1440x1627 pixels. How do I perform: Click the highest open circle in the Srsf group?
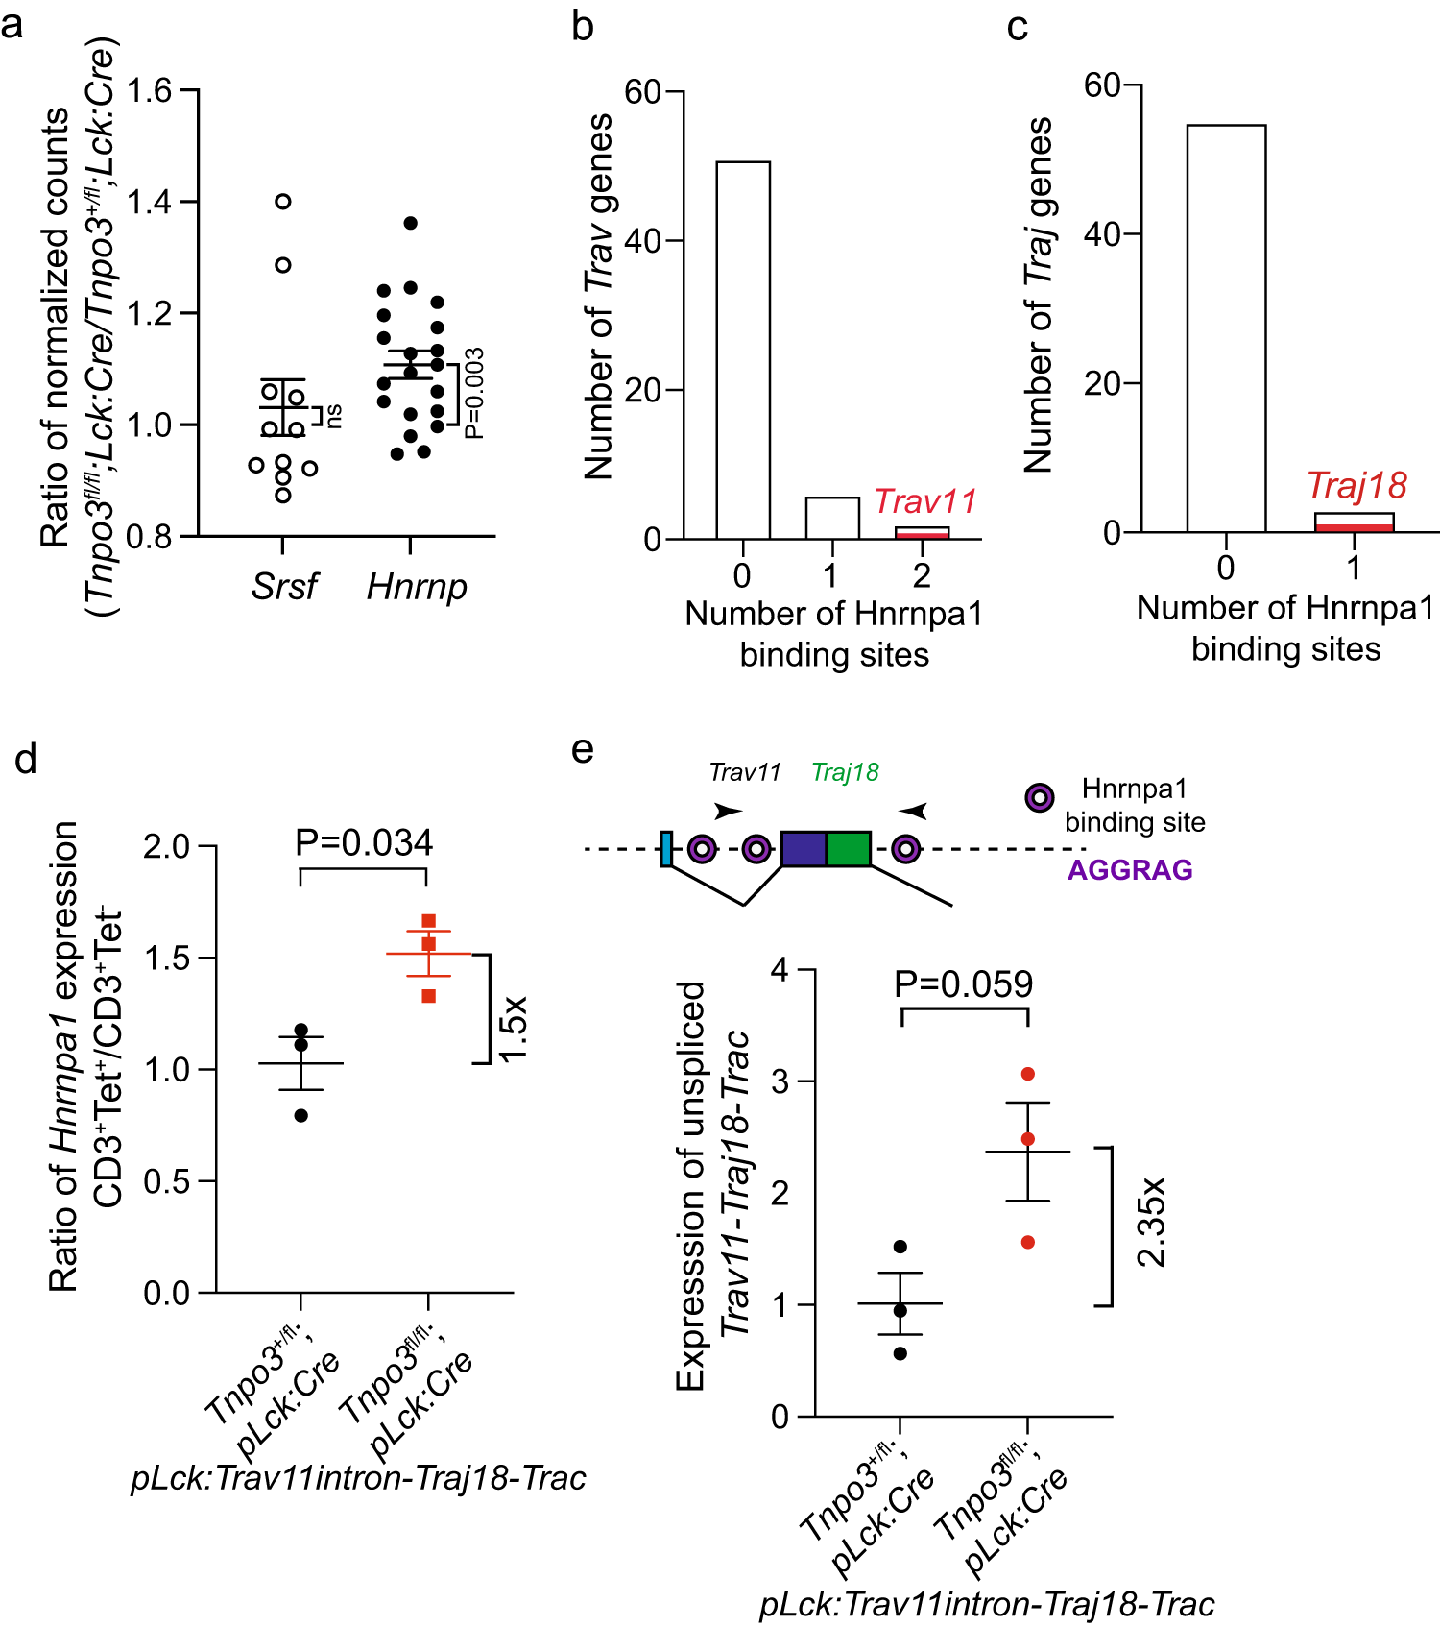[x=283, y=202]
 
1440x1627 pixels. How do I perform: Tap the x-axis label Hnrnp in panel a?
[x=417, y=586]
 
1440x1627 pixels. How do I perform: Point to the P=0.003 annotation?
[x=474, y=393]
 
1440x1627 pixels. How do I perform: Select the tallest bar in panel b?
[x=743, y=351]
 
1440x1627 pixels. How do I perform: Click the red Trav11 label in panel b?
[x=924, y=501]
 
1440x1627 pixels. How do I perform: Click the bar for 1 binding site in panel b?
[x=832, y=519]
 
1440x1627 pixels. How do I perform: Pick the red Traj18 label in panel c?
[x=1356, y=486]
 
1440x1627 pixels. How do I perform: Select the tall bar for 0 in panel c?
[x=1226, y=328]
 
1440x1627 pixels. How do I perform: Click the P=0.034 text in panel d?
[x=364, y=842]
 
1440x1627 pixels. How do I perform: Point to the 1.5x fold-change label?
[x=513, y=1028]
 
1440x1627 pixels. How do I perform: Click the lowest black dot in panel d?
[x=301, y=1115]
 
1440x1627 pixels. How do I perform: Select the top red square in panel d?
[x=429, y=921]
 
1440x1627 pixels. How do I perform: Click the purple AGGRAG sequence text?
[x=1130, y=870]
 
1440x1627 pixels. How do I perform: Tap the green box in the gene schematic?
[x=849, y=850]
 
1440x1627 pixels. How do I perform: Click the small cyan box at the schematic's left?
[x=665, y=850]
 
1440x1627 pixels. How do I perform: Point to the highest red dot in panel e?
[x=1028, y=1074]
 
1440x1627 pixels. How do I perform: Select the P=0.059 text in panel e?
[x=963, y=984]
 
